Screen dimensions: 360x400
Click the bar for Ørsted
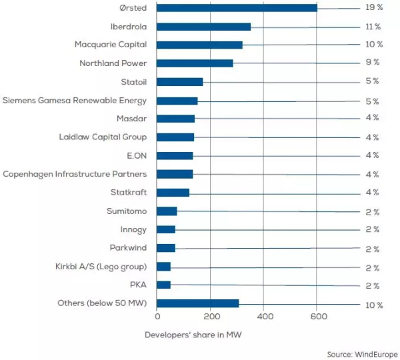click(x=237, y=8)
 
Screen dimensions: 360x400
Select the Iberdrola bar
click(x=203, y=27)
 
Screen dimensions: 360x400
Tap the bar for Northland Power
click(x=195, y=63)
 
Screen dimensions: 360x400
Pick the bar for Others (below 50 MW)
click(x=197, y=303)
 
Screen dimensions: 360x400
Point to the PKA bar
click(x=163, y=285)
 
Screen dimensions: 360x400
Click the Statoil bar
click(x=179, y=82)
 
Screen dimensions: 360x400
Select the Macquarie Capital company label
click(x=111, y=45)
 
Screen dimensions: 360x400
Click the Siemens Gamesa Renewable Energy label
click(x=75, y=101)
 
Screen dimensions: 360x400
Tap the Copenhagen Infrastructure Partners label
click(x=75, y=174)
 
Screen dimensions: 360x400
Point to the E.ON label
click(x=136, y=155)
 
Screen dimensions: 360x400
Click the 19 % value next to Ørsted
click(x=373, y=8)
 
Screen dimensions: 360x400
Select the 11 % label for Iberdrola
click(x=373, y=27)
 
